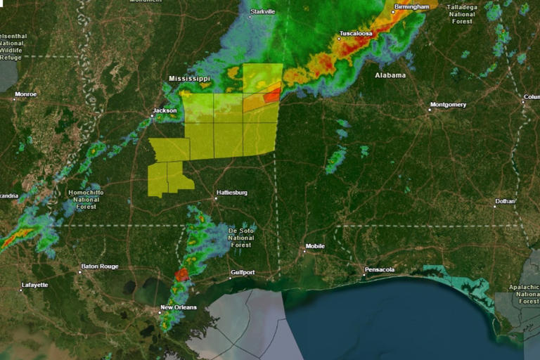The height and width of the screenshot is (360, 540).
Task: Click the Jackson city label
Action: [x=164, y=111]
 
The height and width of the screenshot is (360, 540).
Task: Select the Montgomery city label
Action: [x=448, y=105]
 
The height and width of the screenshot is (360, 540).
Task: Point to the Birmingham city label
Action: [x=411, y=7]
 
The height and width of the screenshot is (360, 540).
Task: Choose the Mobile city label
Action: [x=314, y=247]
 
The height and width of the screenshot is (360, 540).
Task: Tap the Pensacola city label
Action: [x=379, y=270]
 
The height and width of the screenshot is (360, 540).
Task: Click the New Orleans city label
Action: [x=179, y=307]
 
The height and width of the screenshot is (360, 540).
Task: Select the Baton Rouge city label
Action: [x=99, y=266]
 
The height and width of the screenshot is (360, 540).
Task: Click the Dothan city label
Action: [x=504, y=201]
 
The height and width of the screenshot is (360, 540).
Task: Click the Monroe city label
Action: [x=25, y=94]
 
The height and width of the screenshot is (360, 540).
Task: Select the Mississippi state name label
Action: [x=189, y=79]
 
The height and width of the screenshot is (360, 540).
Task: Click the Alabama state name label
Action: [x=390, y=75]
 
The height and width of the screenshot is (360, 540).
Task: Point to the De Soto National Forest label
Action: [x=240, y=238]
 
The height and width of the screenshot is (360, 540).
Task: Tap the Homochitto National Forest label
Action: [x=86, y=200]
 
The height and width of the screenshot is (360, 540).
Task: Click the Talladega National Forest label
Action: [x=461, y=13]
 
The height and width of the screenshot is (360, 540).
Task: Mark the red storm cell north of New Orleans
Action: [x=182, y=274]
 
